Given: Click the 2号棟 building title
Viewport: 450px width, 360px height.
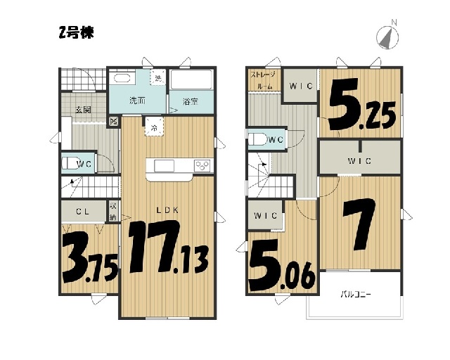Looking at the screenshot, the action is [77, 32].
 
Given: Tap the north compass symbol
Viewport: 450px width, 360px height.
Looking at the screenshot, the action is [387, 36].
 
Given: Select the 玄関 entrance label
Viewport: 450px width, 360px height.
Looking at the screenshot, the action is [83, 109].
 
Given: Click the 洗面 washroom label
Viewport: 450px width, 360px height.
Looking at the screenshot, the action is [137, 101].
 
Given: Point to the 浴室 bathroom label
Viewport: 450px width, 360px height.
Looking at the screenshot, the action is [191, 101].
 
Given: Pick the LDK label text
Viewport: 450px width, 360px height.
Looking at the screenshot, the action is [167, 210].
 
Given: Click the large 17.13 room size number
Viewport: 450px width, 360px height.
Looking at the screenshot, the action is [168, 247].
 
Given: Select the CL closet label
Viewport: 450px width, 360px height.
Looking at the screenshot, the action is [83, 212].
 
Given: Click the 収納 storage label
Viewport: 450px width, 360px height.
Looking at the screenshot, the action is [113, 212].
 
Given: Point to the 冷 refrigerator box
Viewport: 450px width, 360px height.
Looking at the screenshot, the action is [154, 127].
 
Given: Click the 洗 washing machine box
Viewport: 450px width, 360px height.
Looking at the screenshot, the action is [157, 77].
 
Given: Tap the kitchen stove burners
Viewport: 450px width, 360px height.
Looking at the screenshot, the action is [202, 166].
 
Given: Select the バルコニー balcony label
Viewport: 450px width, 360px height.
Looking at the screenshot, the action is [356, 295].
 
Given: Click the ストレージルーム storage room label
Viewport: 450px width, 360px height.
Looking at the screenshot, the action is [263, 81].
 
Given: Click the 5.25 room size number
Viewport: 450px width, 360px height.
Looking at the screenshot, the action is [363, 105].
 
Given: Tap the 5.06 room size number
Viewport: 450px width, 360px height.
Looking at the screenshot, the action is [282, 265].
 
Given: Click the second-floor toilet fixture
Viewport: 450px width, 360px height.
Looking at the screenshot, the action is [258, 139].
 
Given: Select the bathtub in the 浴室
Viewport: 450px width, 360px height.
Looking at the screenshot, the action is [191, 79].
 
